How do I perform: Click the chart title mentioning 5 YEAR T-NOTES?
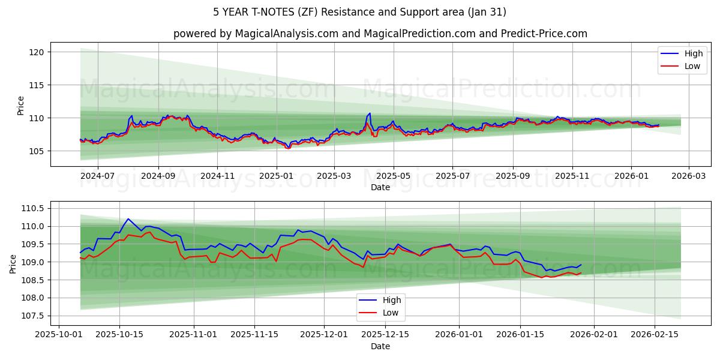click(x=359, y=12)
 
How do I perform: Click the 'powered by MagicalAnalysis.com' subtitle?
click(x=380, y=34)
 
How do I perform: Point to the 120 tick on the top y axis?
click(x=37, y=52)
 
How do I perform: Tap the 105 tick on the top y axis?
click(x=37, y=151)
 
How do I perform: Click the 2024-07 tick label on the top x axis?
click(x=97, y=176)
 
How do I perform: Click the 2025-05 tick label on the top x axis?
click(x=394, y=176)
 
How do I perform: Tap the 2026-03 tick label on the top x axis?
click(x=688, y=176)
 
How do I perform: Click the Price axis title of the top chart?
click(x=21, y=106)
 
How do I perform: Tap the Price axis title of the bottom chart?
click(x=13, y=263)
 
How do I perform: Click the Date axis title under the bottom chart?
click(x=380, y=346)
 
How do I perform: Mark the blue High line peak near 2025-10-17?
click(x=128, y=218)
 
